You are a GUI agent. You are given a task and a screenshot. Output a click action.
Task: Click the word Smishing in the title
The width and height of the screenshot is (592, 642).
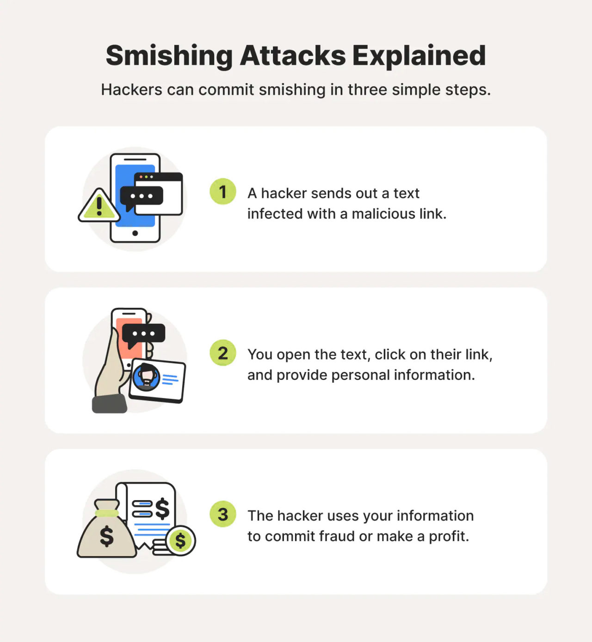pyautogui.click(x=169, y=56)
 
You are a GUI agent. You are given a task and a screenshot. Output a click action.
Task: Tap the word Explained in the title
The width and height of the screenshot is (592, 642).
pyautogui.click(x=419, y=56)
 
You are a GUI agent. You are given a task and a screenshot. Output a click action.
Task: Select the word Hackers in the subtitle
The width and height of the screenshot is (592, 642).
pyautogui.click(x=131, y=90)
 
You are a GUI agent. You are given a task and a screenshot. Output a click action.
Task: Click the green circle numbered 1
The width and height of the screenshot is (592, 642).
pyautogui.click(x=223, y=191)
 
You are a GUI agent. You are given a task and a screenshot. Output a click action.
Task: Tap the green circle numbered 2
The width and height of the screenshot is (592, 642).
pyautogui.click(x=223, y=353)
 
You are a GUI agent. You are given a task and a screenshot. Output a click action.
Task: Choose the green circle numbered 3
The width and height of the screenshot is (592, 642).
pyautogui.click(x=223, y=514)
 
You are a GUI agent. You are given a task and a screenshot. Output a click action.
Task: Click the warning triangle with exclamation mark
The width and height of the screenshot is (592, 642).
pyautogui.click(x=99, y=206)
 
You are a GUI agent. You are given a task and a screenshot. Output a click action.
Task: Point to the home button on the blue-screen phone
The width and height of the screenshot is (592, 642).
pyautogui.click(x=135, y=233)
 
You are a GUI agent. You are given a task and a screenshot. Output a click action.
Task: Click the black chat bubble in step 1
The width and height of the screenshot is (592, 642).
pyautogui.click(x=141, y=196)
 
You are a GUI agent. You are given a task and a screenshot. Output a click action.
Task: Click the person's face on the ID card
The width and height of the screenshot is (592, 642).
pyautogui.click(x=147, y=377)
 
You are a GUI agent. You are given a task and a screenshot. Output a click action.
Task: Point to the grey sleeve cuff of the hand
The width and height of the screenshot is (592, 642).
pyautogui.click(x=110, y=404)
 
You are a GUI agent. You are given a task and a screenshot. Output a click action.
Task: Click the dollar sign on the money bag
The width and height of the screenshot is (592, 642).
pyautogui.click(x=107, y=536)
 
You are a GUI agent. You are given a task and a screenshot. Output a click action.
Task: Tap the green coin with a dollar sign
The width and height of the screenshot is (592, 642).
pyautogui.click(x=180, y=540)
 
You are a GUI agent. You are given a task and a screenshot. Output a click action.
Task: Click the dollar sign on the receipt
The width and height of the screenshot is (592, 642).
pyautogui.click(x=162, y=509)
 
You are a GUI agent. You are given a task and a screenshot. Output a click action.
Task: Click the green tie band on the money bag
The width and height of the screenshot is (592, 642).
pyautogui.click(x=107, y=513)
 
